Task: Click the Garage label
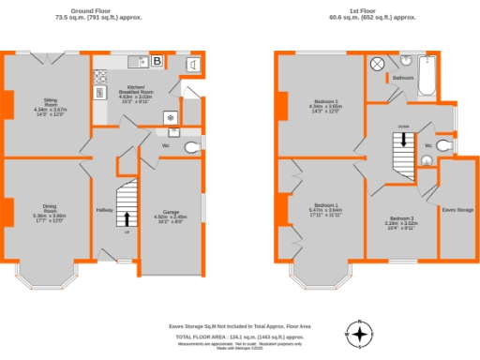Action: [171, 213]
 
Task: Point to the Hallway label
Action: [103, 210]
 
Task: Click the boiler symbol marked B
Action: [157, 62]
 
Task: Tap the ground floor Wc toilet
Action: [192, 147]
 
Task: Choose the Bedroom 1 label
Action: [325, 205]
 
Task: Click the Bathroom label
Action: [403, 77]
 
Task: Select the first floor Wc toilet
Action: [444, 146]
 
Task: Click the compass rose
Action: [360, 333]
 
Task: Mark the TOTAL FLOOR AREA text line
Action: [239, 335]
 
